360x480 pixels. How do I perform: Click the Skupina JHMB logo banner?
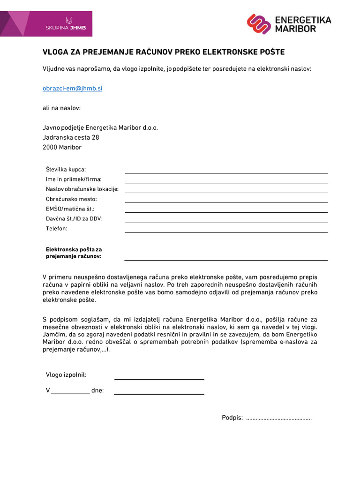pos(46,24)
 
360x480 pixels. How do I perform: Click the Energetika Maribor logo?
pos(289,24)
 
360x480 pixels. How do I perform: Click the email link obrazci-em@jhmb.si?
pos(72,88)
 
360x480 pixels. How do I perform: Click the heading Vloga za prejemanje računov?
pos(164,52)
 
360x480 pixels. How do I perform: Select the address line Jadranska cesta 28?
pos(71,137)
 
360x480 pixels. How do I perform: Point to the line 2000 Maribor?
pos(62,147)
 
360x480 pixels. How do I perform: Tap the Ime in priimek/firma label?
pos(74,179)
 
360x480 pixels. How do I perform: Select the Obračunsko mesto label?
pos(71,199)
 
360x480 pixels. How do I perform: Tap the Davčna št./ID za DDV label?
pos(74,218)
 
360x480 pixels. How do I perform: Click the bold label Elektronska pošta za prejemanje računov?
pos(74,253)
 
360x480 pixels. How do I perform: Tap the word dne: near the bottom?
pos(98,390)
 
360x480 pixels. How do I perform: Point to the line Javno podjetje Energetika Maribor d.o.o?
pos(100,127)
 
